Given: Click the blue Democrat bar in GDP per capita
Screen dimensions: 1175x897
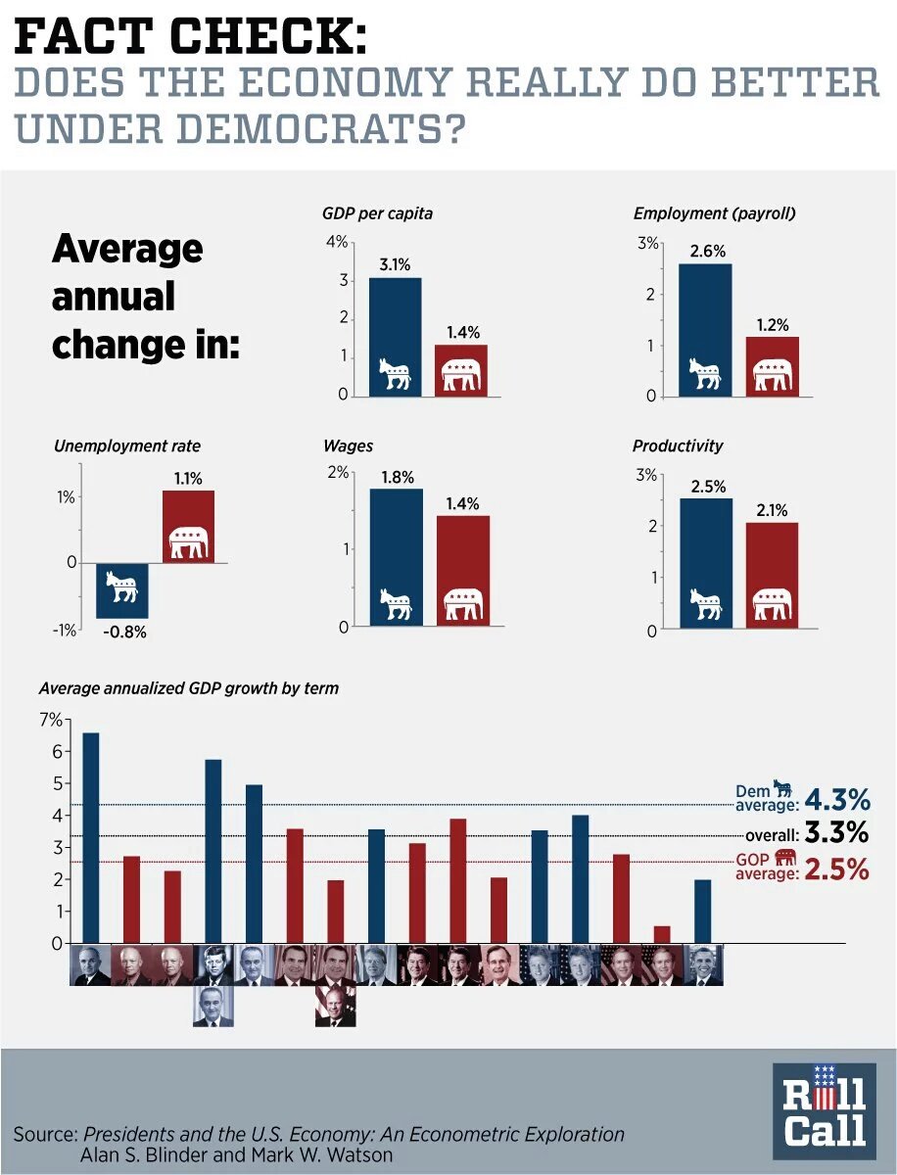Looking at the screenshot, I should [395, 323].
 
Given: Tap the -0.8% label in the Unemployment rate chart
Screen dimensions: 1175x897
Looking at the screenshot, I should [124, 632].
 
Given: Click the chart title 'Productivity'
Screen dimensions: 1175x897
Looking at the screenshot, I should [678, 446].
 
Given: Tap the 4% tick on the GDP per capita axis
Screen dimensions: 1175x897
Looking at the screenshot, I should [336, 242].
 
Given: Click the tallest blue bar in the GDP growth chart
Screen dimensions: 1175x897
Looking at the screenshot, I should [90, 837].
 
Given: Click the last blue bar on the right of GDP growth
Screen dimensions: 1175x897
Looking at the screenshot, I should [702, 911].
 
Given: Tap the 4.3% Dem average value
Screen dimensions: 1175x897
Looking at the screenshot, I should [836, 800].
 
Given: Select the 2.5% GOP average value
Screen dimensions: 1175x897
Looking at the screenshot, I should [836, 869].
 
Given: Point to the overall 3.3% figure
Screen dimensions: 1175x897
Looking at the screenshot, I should [836, 834].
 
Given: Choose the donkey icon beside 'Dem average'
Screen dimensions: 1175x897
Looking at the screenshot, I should [782, 787].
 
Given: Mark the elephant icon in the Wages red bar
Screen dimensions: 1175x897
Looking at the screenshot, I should [463, 605].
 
